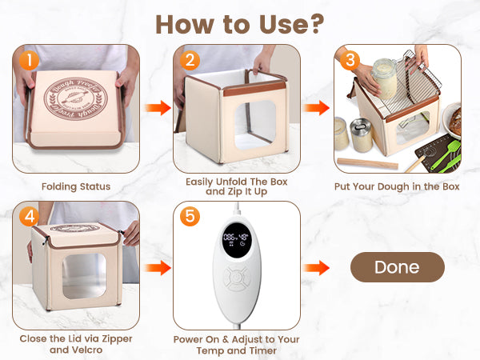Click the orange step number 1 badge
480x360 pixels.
click(30, 60)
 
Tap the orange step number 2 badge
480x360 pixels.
click(190, 60)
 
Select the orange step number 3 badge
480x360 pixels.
click(350, 60)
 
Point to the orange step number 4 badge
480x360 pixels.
click(30, 217)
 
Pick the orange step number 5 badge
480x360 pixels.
click(190, 217)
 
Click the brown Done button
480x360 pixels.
click(398, 267)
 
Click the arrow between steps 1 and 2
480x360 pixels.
click(158, 108)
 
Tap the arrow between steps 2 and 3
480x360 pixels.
click(316, 108)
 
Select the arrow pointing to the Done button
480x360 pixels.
click(316, 268)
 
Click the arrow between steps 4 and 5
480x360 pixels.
click(158, 268)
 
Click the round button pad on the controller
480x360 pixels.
click(236, 278)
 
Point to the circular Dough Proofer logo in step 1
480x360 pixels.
click(76, 99)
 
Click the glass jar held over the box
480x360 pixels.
click(385, 78)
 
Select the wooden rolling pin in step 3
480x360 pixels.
click(367, 163)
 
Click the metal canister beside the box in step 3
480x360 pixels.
click(361, 136)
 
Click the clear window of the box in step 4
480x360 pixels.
click(85, 276)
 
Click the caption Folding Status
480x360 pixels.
click(76, 186)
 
